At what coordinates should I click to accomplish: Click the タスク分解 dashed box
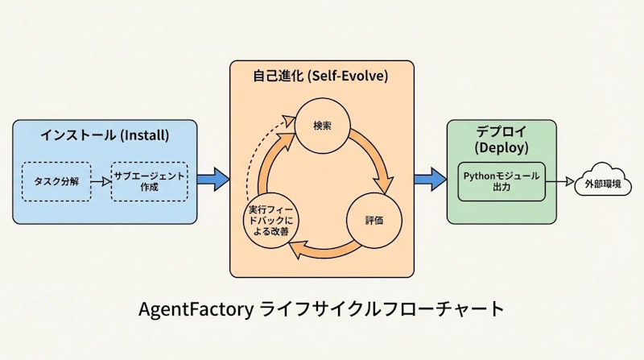tap(56, 181)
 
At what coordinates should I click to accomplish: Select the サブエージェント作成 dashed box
tap(149, 181)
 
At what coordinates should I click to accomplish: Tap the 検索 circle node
tap(323, 126)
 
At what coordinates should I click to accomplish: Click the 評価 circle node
tap(374, 218)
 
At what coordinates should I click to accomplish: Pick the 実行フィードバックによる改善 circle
tap(270, 218)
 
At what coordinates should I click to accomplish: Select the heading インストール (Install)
tap(105, 134)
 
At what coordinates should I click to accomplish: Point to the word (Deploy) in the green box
tap(502, 148)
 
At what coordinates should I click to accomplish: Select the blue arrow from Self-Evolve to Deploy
tap(430, 179)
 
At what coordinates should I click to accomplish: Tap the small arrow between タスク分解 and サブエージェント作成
tap(100, 182)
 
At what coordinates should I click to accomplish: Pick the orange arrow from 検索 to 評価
tap(376, 157)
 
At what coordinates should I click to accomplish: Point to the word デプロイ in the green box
tap(502, 132)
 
